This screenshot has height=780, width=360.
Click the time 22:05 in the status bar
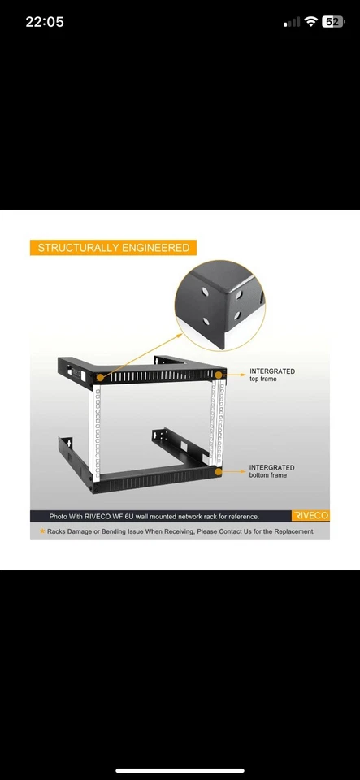[44, 22]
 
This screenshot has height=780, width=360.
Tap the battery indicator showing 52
[332, 22]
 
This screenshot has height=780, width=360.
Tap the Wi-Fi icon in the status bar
[310, 22]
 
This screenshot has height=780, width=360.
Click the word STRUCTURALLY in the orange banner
[77, 248]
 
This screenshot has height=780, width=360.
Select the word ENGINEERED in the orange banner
[154, 248]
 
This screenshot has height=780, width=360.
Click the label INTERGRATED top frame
[271, 375]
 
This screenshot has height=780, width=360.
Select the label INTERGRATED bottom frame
[271, 471]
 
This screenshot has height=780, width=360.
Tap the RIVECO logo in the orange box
[310, 516]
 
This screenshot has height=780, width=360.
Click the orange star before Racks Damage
[42, 531]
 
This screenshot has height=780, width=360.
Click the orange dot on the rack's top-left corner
[100, 377]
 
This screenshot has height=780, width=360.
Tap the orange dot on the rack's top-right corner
[219, 375]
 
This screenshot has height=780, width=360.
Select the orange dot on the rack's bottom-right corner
[217, 471]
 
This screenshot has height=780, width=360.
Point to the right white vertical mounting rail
[215, 422]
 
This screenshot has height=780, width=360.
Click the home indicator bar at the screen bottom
[180, 769]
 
